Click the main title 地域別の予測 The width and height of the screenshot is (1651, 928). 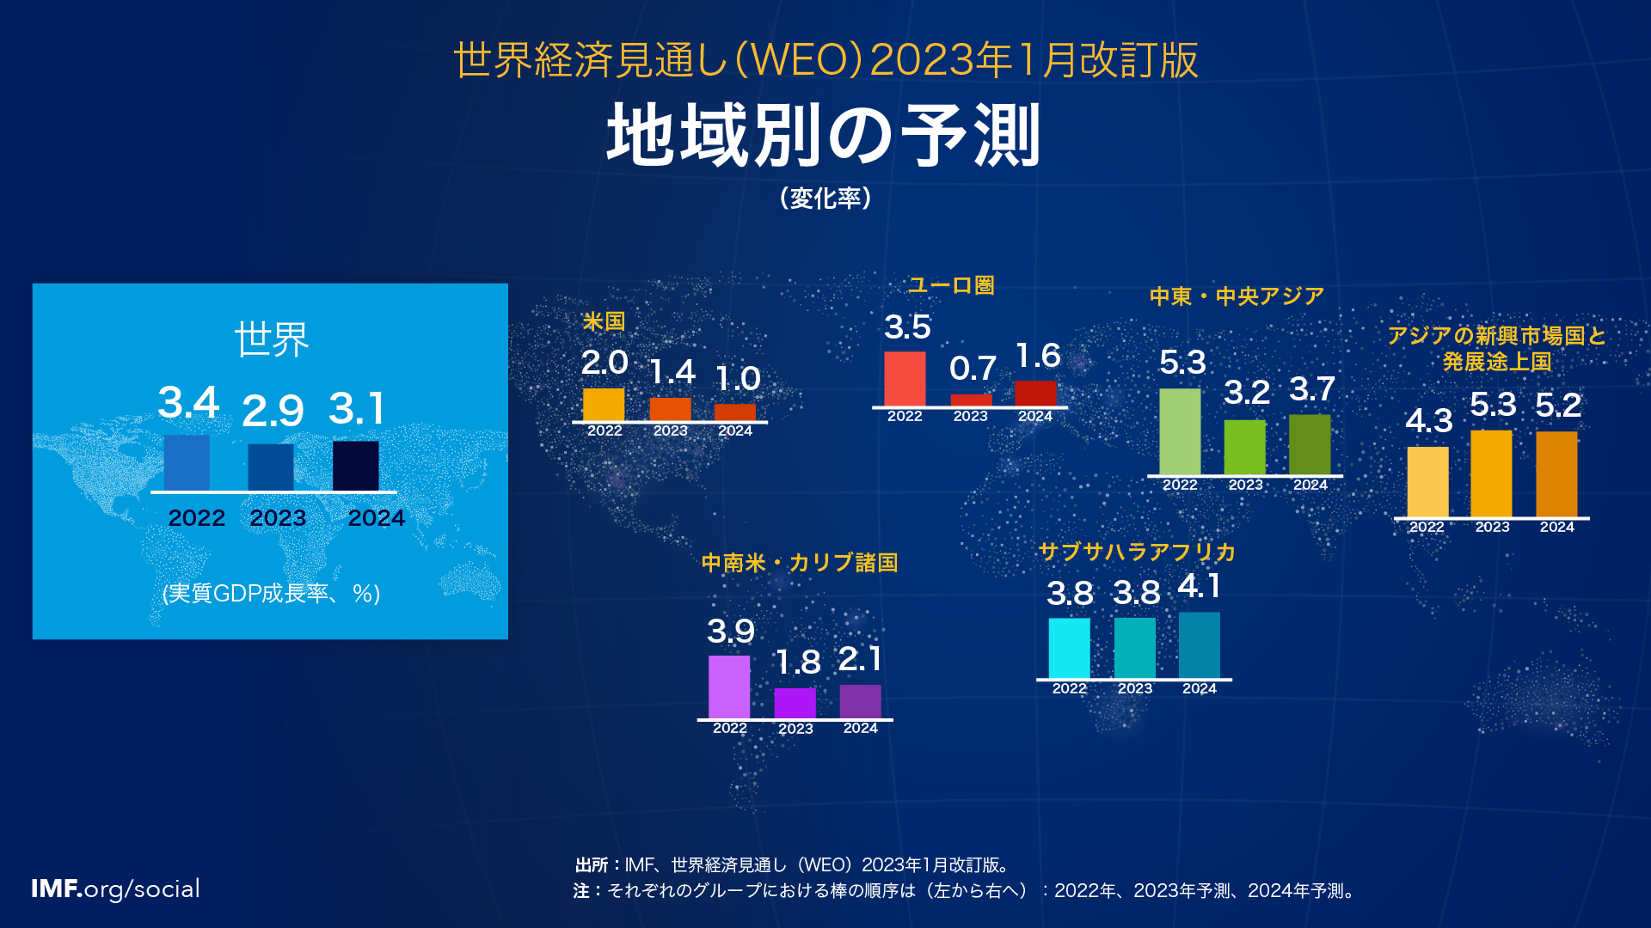(824, 135)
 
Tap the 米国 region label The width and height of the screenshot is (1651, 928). (604, 321)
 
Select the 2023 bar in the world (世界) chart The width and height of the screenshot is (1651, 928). (271, 467)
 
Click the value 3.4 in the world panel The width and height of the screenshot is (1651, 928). (188, 402)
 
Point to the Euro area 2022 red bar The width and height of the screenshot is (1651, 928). (905, 378)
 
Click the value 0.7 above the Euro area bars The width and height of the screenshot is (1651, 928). (973, 369)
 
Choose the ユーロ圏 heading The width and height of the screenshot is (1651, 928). (951, 285)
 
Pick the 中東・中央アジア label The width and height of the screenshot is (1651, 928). (1237, 296)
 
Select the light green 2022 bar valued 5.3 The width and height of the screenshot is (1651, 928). (1180, 431)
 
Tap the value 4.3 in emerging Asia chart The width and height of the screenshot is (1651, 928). (1428, 421)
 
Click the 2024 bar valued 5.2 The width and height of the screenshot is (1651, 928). (1556, 474)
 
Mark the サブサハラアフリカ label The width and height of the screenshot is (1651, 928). (1137, 552)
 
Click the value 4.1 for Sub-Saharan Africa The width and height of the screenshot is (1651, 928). (1199, 587)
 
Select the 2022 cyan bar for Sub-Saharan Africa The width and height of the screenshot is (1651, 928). (1069, 648)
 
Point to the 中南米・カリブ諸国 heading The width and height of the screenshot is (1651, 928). (800, 563)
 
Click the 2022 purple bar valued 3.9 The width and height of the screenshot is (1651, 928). (729, 687)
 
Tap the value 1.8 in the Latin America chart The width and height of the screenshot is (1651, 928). (797, 662)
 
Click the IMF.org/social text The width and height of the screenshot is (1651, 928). (115, 888)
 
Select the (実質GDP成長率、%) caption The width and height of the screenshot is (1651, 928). (271, 593)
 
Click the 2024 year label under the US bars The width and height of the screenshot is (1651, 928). (735, 430)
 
